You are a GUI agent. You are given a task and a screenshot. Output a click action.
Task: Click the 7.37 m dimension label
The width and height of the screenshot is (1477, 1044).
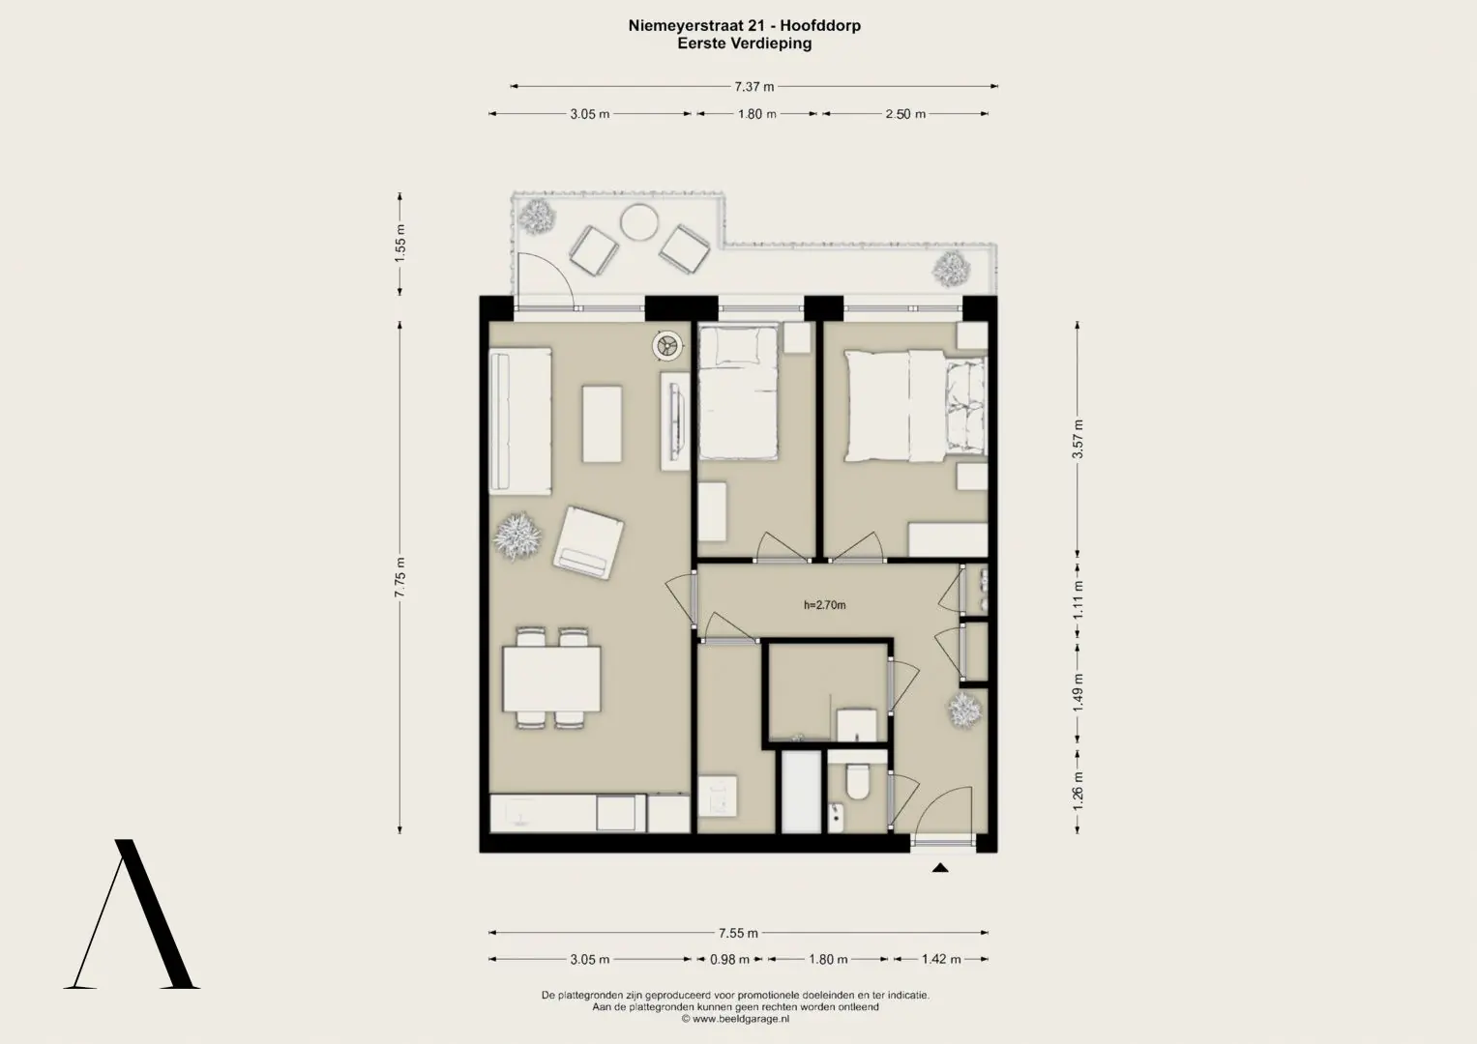[754, 86]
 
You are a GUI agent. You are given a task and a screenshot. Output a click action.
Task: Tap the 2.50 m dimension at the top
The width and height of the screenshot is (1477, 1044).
[905, 114]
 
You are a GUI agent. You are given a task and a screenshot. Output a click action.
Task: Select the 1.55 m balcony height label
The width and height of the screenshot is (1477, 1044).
[400, 244]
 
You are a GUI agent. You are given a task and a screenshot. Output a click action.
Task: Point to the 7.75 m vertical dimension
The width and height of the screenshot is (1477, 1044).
[400, 577]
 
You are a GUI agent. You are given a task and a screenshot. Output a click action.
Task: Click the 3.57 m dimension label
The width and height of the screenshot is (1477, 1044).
[1078, 439]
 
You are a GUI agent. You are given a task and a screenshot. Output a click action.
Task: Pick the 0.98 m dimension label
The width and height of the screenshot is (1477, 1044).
[729, 960]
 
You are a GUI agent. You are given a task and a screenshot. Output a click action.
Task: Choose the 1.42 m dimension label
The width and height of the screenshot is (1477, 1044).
[941, 959]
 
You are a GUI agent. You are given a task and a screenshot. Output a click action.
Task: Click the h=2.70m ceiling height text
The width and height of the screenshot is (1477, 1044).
[825, 605]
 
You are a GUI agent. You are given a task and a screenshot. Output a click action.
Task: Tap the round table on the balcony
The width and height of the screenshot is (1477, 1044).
[639, 222]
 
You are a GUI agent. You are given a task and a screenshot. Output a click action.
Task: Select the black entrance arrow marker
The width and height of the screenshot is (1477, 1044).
[940, 868]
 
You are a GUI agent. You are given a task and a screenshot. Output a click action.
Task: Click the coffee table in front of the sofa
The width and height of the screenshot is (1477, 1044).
[602, 423]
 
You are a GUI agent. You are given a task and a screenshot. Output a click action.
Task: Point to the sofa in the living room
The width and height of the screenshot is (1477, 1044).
[520, 421]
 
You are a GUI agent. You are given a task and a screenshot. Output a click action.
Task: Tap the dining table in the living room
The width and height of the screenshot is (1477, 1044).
[552, 679]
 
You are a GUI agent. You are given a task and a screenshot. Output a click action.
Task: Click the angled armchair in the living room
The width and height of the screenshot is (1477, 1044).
[588, 543]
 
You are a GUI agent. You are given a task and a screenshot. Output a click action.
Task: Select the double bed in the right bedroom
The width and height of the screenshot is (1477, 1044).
[916, 405]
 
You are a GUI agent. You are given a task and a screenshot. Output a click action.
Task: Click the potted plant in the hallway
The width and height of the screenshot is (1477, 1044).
[964, 710]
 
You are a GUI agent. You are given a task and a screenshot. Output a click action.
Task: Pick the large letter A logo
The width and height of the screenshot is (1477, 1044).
[132, 914]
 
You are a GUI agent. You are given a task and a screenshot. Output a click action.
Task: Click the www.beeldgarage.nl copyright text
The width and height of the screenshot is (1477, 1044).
[735, 1018]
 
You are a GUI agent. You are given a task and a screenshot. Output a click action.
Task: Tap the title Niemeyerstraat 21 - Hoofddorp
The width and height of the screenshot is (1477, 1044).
[745, 26]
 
